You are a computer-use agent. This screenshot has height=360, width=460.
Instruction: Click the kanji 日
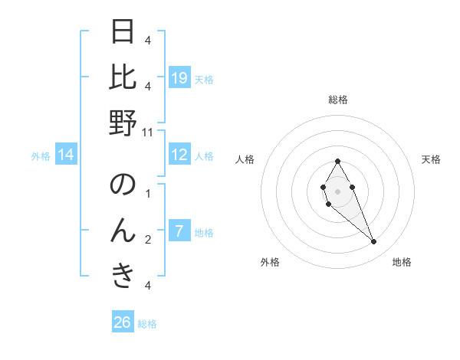(123, 31)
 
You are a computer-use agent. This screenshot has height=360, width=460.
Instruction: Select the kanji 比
(123, 77)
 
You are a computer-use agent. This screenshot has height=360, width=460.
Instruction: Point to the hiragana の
(123, 185)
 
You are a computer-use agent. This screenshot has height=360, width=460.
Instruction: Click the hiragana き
(123, 276)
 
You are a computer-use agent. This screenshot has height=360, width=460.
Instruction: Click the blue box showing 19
(179, 78)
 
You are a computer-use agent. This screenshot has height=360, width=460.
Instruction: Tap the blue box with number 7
(179, 231)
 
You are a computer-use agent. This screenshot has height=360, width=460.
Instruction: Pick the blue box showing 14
(66, 155)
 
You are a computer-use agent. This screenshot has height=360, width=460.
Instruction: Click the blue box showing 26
(123, 322)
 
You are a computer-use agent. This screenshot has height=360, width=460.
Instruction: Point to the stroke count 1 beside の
(148, 194)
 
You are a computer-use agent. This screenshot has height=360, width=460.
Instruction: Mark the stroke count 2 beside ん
(148, 240)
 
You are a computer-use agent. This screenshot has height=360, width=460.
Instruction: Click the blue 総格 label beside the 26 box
(147, 324)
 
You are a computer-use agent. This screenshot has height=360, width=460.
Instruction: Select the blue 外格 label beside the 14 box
(41, 156)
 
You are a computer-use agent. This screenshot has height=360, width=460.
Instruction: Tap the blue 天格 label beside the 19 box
(204, 79)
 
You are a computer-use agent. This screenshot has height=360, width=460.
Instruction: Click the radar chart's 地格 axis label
(402, 263)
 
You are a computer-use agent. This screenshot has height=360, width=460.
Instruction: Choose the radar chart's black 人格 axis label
(245, 159)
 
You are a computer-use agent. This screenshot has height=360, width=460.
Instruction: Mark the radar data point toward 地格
(373, 242)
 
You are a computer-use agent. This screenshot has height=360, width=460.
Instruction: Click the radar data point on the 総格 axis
(337, 161)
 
